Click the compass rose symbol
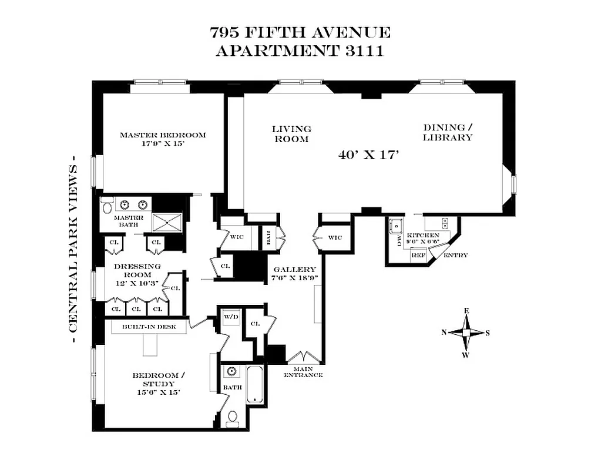coord(466,333)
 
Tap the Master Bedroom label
coord(163,139)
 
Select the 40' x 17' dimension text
coord(369,155)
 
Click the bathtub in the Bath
coord(254,385)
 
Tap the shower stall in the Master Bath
coord(168,221)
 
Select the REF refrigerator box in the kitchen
coord(418,255)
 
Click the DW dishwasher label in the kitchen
coord(399,241)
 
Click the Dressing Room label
coord(133,274)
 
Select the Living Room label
coord(291,134)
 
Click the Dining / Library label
coord(448,133)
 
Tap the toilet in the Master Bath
coord(106,206)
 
